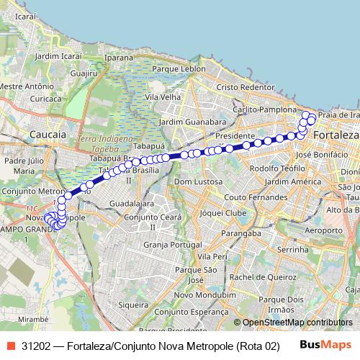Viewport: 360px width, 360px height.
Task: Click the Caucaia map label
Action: (x=49, y=134)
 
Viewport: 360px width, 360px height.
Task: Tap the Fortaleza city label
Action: (x=336, y=135)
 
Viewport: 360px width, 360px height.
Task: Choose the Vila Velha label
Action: (x=162, y=96)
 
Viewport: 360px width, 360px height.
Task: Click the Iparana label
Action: (x=119, y=56)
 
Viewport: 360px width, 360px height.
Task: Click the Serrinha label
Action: (x=293, y=248)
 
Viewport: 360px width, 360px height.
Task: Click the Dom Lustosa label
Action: (x=199, y=181)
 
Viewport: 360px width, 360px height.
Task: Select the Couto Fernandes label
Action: (x=251, y=197)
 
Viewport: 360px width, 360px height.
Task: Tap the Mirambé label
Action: (x=34, y=317)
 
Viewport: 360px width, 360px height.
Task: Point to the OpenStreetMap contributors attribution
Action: (x=294, y=323)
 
